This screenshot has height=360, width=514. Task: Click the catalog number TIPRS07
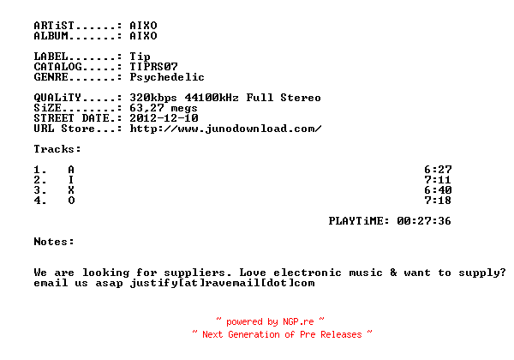tap(153, 67)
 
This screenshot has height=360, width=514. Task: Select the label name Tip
tap(140, 57)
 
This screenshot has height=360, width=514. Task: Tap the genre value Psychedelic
tap(167, 77)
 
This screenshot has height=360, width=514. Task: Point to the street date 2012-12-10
tap(164, 118)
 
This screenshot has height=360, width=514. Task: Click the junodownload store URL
tap(225, 129)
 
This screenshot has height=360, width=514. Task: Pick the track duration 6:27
tap(438, 170)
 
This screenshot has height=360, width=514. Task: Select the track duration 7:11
tap(438, 180)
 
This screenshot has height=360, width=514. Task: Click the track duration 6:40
tap(438, 189)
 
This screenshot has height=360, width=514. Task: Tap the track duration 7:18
tap(438, 201)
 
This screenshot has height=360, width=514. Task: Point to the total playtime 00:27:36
tap(424, 221)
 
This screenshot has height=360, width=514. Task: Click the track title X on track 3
tap(71, 189)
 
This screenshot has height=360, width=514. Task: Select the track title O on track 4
tap(71, 201)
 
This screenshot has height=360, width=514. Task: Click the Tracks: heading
tap(57, 149)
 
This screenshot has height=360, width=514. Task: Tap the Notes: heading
tap(54, 242)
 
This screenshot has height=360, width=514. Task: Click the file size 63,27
tap(146, 108)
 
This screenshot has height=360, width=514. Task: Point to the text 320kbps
tap(153, 98)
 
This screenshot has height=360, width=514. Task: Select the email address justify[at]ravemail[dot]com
tap(222, 283)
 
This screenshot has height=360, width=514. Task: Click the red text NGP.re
tap(298, 321)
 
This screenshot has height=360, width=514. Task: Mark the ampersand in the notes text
tap(393, 273)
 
